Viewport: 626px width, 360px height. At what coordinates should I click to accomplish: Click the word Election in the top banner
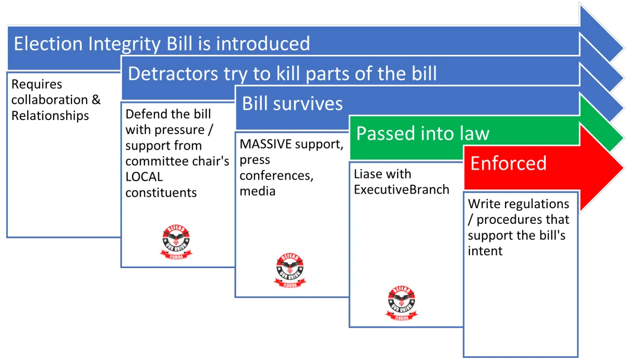pyautogui.click(x=48, y=44)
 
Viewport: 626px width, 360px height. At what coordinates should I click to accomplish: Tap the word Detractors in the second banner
pyautogui.click(x=173, y=74)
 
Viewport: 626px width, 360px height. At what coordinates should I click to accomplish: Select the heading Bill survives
pyautogui.click(x=292, y=104)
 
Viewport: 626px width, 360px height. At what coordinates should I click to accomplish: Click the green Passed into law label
pyautogui.click(x=423, y=134)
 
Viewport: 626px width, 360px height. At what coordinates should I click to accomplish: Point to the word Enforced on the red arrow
pyautogui.click(x=508, y=163)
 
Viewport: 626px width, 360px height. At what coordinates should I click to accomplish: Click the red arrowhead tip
pyautogui.click(x=623, y=167)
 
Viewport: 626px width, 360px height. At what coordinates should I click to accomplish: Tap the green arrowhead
pyautogui.click(x=601, y=123)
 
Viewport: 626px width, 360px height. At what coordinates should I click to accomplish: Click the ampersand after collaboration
pyautogui.click(x=96, y=100)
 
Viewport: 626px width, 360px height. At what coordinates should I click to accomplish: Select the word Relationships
pyautogui.click(x=50, y=116)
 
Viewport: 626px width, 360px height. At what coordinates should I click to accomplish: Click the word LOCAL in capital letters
pyautogui.click(x=144, y=177)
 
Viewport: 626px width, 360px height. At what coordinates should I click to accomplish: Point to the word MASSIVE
pyautogui.click(x=266, y=144)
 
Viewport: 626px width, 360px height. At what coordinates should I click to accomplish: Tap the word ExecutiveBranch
pyautogui.click(x=401, y=190)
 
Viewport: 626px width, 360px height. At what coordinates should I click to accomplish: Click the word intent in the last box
pyautogui.click(x=485, y=251)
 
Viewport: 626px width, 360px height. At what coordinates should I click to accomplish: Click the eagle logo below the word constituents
pyautogui.click(x=176, y=242)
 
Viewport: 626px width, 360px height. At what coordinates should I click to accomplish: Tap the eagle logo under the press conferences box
pyautogui.click(x=290, y=271)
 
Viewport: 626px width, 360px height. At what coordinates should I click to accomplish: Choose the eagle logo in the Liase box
pyautogui.click(x=402, y=303)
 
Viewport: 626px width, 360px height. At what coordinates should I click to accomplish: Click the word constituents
pyautogui.click(x=161, y=193)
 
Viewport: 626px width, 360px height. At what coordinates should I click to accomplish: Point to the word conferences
pyautogui.click(x=276, y=176)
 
